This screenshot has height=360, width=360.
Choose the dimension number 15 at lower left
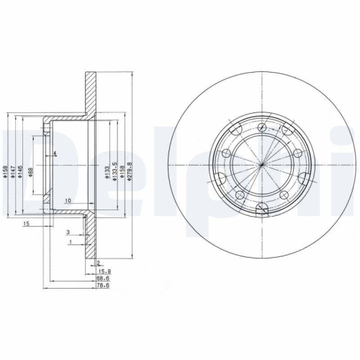(x=25, y=225)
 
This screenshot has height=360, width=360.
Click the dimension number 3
(x=68, y=233)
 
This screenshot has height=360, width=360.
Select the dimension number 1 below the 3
(x=69, y=243)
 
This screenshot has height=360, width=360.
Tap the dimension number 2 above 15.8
(x=98, y=263)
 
